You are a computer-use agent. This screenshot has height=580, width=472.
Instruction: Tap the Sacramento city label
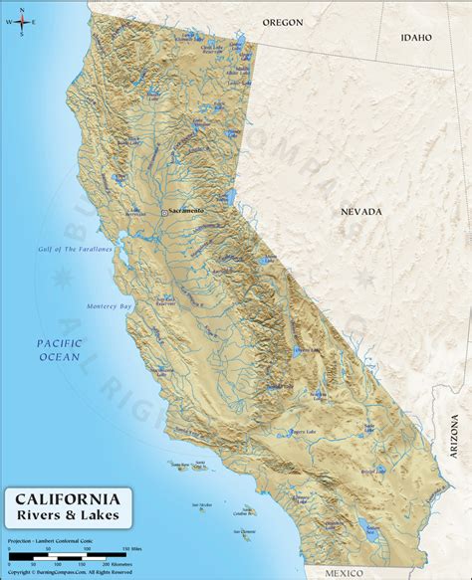(186, 211)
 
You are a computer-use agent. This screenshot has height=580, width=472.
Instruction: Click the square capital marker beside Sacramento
(164, 212)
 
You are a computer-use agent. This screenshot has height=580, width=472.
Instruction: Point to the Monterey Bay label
(109, 304)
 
